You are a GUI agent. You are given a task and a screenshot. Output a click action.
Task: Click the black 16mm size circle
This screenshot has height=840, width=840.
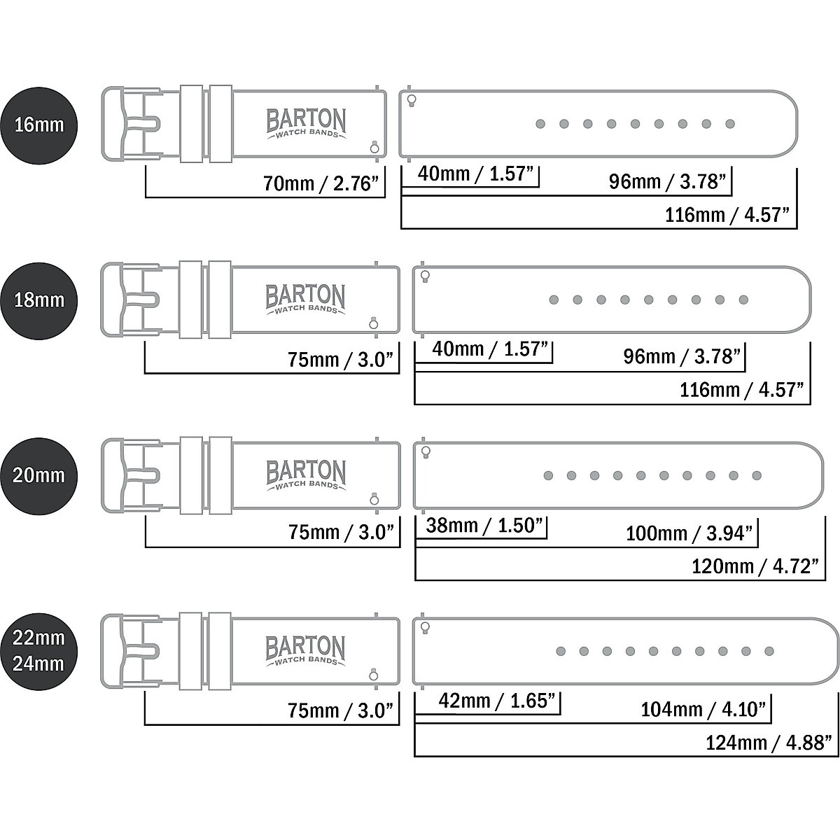[x=38, y=125]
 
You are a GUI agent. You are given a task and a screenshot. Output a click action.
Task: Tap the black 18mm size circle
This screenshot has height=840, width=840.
[x=38, y=300]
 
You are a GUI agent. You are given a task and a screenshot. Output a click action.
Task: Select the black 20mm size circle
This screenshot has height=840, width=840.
[x=38, y=475]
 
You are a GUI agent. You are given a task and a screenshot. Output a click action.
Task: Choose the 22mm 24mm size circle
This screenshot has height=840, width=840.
[x=38, y=651]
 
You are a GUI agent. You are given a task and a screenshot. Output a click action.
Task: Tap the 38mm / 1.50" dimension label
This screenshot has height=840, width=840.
[x=484, y=525]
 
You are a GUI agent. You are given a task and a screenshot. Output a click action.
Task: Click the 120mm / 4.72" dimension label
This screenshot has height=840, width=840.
[x=755, y=566]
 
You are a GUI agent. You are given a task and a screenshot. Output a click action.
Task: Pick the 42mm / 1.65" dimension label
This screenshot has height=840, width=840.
[x=496, y=701]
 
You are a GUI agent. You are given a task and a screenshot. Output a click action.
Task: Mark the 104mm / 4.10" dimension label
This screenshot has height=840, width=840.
[x=703, y=710]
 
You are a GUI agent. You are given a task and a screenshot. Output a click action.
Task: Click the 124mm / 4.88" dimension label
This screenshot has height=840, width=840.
[x=769, y=742]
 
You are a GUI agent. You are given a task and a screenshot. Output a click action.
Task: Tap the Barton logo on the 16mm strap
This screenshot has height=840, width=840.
[x=306, y=123]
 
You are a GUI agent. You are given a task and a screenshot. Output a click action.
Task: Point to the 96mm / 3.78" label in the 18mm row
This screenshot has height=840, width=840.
[x=682, y=357]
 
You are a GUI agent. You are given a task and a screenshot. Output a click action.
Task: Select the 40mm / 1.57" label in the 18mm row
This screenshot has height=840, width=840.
[x=490, y=349]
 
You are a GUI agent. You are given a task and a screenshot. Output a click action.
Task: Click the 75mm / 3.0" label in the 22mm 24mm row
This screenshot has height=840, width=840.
[x=342, y=710]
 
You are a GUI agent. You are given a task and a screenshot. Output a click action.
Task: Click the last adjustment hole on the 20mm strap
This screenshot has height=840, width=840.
[x=757, y=476]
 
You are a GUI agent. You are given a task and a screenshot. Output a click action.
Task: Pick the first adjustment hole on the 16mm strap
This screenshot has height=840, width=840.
[x=540, y=124]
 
